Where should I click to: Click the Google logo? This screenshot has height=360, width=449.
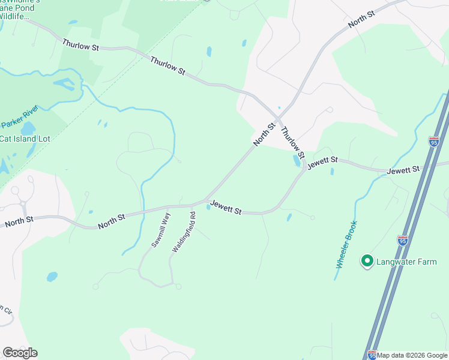click(20, 353)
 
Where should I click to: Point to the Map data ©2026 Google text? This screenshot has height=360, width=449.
click(412, 355)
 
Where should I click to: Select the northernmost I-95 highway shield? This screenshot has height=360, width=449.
click(434, 142)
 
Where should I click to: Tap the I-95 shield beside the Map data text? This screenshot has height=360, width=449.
click(372, 355)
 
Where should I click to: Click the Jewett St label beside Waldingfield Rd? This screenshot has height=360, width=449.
click(225, 210)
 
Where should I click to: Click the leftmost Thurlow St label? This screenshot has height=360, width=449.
click(80, 45)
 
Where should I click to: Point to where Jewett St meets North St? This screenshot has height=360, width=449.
click(205, 200)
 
